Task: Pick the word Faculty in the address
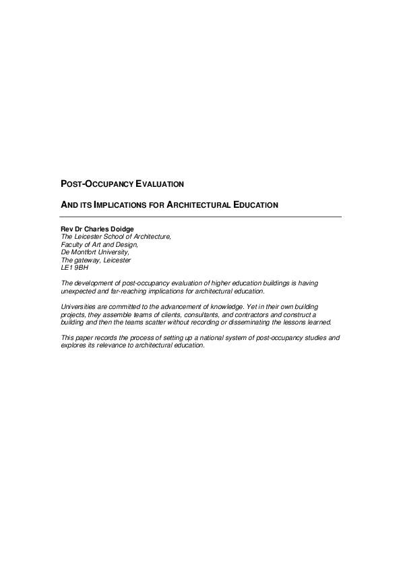pyautogui.click(x=73, y=244)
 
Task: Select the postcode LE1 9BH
pyautogui.click(x=75, y=267)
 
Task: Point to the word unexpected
pyautogui.click(x=79, y=291)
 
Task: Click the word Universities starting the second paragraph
pyautogui.click(x=80, y=306)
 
